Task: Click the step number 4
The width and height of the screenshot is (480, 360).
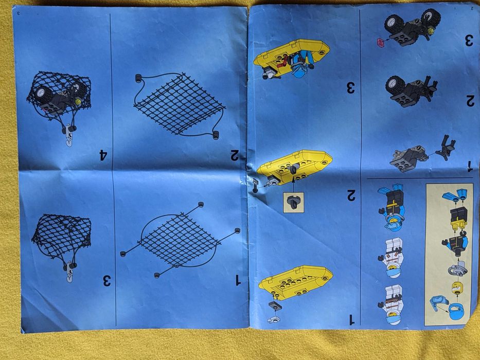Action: pos(104,155)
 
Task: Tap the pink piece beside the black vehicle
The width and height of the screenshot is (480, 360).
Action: pos(381,43)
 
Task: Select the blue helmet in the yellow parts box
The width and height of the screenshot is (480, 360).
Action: pos(457,311)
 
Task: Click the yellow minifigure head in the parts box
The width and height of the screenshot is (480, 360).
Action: pos(457,288)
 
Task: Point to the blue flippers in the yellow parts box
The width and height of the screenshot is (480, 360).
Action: pos(455,195)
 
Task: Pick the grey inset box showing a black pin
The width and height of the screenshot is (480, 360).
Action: pos(294,202)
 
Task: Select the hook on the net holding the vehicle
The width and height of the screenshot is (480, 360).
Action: pos(69,135)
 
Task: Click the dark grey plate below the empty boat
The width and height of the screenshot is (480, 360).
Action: pos(275,305)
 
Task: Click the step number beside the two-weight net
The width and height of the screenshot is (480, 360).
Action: pos(234,155)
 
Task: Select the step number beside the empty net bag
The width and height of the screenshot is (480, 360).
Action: pos(106,280)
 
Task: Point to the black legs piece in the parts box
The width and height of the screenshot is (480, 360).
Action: pos(458,218)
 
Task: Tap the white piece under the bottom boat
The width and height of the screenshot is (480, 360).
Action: pos(274,319)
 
